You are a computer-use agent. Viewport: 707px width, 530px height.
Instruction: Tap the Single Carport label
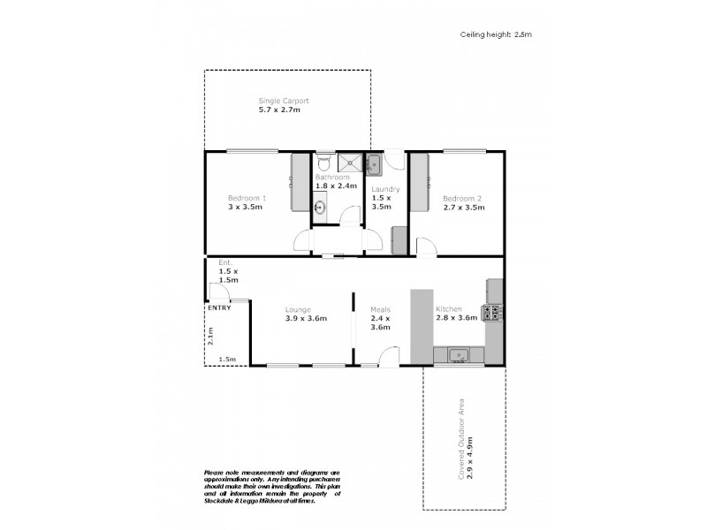283,101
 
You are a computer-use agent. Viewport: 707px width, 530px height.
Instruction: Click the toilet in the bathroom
324,163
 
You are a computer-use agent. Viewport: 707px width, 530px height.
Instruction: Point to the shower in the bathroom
351,163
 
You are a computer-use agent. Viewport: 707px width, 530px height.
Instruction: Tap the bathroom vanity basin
321,208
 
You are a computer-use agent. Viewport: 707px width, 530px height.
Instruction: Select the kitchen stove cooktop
493,312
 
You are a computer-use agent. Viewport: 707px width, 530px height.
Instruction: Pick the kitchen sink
459,355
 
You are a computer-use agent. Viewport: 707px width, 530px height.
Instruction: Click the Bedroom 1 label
247,198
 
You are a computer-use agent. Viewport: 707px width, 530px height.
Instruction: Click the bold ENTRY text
218,307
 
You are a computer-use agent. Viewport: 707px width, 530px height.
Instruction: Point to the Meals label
380,309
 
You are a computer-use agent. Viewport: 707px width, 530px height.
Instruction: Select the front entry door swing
216,293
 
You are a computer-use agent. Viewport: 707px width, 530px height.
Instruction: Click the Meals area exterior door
385,357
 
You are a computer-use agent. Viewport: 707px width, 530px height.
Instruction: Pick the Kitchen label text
449,309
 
